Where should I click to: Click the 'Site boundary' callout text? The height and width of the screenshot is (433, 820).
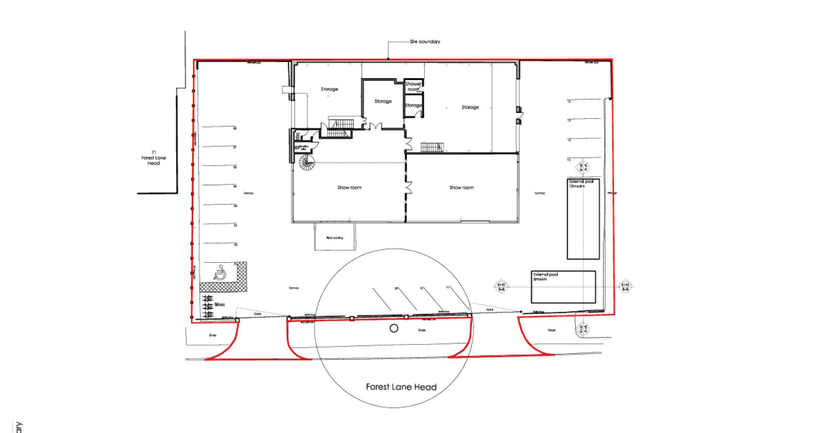click(x=425, y=42)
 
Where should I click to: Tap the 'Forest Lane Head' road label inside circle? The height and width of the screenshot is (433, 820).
click(x=401, y=387)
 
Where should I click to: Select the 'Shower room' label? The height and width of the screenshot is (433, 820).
click(x=413, y=86)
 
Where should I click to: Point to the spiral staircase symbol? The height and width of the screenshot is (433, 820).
click(x=307, y=163)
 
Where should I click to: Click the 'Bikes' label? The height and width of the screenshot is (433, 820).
click(x=219, y=304)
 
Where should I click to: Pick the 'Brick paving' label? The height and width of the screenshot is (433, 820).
click(x=335, y=238)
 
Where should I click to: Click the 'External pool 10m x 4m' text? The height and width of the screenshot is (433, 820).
click(x=581, y=183)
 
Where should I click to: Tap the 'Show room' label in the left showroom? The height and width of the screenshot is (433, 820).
click(x=349, y=187)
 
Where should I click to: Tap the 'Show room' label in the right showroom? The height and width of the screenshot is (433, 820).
click(x=462, y=187)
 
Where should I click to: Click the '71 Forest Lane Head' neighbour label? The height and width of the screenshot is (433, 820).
click(x=153, y=158)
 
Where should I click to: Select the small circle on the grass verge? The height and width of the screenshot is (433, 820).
click(x=394, y=328)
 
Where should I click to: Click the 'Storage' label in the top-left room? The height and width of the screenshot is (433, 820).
click(x=329, y=89)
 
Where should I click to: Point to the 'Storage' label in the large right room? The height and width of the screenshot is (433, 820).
click(x=470, y=107)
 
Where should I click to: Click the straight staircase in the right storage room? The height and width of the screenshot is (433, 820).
click(x=431, y=147)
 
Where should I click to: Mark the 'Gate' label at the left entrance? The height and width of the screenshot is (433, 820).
click(x=257, y=314)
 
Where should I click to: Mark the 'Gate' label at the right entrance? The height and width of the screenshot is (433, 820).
click(x=490, y=310)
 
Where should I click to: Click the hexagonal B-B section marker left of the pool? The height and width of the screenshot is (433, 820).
click(x=501, y=286)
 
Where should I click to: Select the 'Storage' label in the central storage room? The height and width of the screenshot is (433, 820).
click(x=383, y=101)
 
